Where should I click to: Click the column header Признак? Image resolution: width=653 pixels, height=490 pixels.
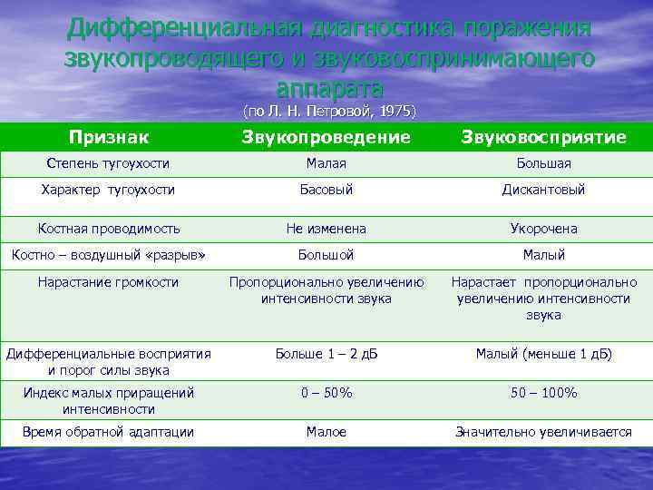(109, 137)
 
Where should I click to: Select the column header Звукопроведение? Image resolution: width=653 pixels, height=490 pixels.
(326, 137)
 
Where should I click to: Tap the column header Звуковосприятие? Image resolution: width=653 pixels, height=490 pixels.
(543, 137)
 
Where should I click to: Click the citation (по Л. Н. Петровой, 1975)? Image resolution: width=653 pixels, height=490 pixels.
(329, 112)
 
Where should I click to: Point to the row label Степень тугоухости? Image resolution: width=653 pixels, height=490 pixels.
(108, 163)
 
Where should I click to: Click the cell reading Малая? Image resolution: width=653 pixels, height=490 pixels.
(326, 163)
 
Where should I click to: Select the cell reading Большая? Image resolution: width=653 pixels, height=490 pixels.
(543, 163)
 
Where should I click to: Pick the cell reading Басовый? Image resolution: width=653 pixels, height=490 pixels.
(326, 190)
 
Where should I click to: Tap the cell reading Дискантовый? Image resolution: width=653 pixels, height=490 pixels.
(543, 190)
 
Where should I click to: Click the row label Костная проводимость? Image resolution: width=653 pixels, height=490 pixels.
(109, 229)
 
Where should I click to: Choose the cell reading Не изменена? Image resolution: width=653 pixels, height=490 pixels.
(326, 229)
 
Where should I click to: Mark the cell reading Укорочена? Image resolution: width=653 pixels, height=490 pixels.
(543, 229)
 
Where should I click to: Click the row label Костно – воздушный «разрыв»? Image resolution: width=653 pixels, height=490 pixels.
(108, 255)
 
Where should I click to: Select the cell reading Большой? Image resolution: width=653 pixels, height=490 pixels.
(326, 255)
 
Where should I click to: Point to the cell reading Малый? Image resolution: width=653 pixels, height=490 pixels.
(543, 255)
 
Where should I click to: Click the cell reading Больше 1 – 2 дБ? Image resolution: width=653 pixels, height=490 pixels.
(326, 353)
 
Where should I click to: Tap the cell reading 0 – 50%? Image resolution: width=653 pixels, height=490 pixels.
(326, 393)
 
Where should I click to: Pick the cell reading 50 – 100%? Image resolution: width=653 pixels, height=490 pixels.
(543, 393)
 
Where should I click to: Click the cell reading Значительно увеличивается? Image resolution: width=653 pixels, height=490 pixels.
(543, 432)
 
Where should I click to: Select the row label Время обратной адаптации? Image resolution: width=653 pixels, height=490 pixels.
(108, 432)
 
